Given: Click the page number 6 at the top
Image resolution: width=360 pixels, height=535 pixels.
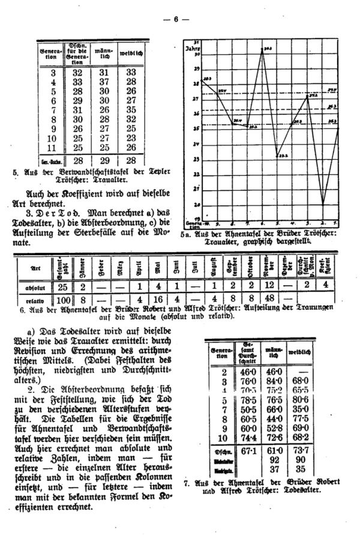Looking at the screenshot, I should coord(176,19).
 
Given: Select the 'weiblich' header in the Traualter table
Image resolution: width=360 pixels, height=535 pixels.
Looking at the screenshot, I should coord(131,55).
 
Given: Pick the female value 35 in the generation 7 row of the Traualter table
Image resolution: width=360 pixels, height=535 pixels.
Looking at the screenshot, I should coord(131,110).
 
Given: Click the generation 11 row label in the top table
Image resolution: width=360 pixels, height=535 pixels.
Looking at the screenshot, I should coord(53,148).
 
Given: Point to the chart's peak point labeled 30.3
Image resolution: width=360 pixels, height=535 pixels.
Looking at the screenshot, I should coord(262,50).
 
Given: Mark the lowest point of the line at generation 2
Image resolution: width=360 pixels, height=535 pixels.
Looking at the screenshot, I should coord(323,204).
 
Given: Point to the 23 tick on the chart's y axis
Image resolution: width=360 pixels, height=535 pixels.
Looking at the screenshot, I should coord(196,159).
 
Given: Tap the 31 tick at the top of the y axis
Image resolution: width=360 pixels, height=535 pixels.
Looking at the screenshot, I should coord(196,41).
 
